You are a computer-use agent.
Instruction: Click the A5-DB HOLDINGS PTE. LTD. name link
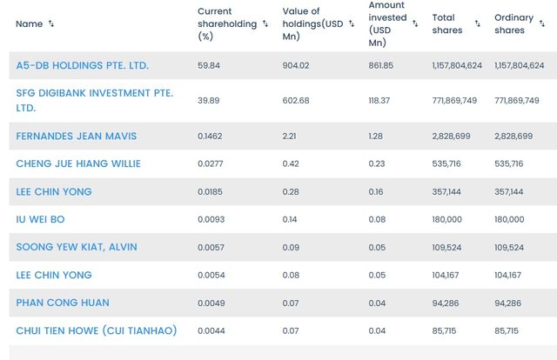coord(82,65)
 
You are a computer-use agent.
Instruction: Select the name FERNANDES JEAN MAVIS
coord(76,137)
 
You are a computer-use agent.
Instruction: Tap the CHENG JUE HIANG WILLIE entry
coord(78,163)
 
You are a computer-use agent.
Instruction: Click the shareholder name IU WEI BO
coord(40,219)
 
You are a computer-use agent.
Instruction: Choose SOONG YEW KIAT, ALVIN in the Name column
coord(77,247)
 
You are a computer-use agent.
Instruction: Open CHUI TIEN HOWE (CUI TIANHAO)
coord(96,330)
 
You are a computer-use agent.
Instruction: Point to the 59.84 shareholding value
coord(209,65)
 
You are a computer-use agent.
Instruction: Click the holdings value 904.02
coord(297,65)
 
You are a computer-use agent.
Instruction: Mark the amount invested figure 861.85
coord(382,65)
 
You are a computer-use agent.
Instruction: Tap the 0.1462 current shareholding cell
coord(212,137)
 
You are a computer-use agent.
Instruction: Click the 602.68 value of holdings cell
coord(297,100)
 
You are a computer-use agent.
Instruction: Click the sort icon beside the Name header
coord(51,24)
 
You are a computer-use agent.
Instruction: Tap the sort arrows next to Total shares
coord(478,24)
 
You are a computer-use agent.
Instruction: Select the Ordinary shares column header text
coord(513,24)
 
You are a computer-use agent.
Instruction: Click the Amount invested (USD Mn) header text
coord(386,24)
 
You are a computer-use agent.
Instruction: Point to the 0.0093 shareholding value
coord(212,219)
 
